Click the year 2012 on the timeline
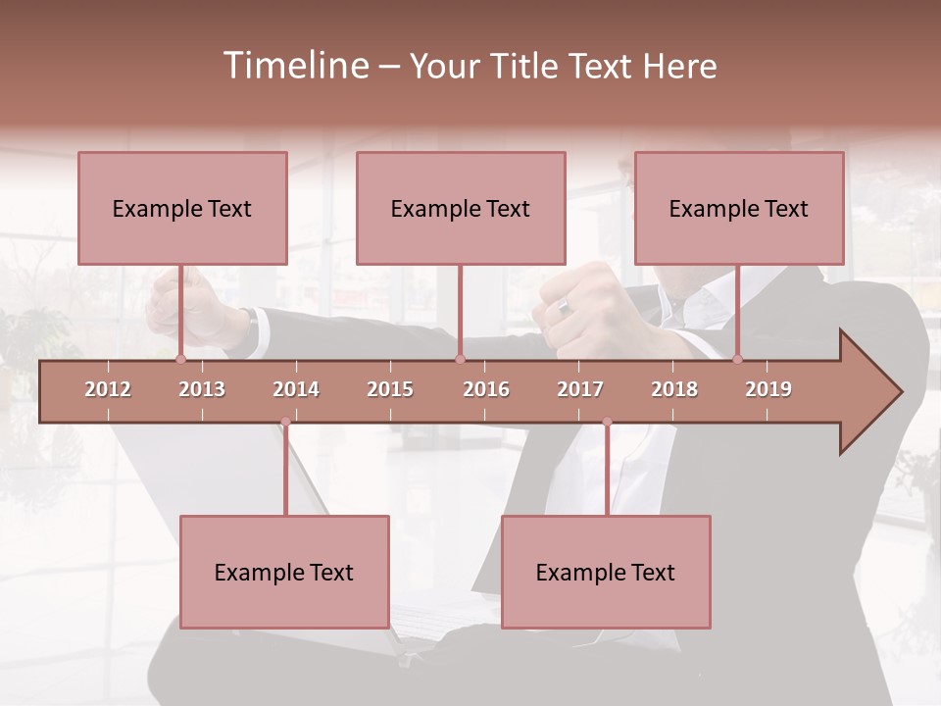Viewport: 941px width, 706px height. (108, 389)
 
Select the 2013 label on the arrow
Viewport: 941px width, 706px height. (202, 389)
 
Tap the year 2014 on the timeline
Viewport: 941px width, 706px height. (296, 389)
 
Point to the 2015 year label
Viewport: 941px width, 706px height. (390, 389)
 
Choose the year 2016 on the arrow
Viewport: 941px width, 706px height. (486, 389)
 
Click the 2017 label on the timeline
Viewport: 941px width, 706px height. (580, 389)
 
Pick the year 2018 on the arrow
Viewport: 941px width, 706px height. (674, 389)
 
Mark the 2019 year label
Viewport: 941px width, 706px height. (768, 389)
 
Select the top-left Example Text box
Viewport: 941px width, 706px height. (182, 208)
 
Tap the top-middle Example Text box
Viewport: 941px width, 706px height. (461, 208)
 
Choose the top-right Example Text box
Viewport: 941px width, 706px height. (739, 208)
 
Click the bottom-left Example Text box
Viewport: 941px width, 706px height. (284, 572)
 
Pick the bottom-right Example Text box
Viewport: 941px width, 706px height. (606, 572)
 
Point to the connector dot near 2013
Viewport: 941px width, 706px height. (180, 360)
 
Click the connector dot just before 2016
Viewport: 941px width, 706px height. (460, 360)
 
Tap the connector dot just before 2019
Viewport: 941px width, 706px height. (738, 360)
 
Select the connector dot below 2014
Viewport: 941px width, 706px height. (285, 422)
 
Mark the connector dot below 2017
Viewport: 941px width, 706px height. (607, 422)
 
